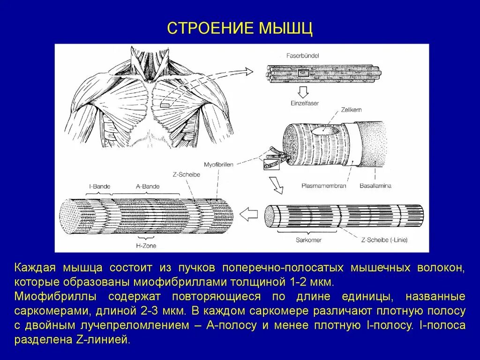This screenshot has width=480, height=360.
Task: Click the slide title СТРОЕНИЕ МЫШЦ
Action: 240,29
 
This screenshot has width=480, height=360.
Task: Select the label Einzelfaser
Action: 304,103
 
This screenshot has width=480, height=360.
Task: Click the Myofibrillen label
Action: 218,165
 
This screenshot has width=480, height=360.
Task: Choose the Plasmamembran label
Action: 323,186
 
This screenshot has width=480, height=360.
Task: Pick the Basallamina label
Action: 375,186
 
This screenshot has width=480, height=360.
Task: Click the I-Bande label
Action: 99,186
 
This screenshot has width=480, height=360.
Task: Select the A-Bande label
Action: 148,186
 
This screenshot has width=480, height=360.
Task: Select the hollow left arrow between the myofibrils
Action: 248,215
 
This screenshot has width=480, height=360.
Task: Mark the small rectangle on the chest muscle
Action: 165,106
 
